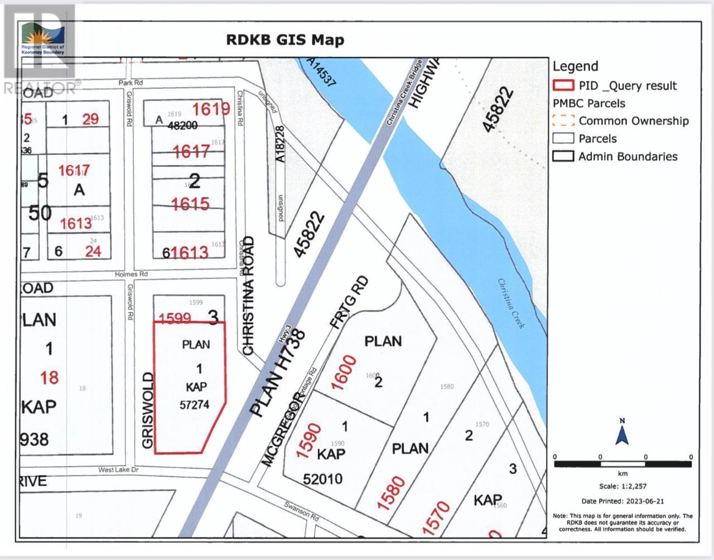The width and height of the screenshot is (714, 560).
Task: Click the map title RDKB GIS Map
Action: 284,40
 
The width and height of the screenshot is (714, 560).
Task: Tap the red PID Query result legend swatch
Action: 563,85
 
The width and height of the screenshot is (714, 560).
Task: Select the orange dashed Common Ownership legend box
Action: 563,121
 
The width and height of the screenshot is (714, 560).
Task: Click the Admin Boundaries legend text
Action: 628,156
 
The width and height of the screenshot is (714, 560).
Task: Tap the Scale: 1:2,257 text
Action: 622,486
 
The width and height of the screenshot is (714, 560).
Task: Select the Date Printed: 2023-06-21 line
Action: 623,501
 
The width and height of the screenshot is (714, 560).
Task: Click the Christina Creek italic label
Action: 512,303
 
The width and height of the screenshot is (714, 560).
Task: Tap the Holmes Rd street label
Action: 132,274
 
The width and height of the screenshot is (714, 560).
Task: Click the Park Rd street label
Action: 131,83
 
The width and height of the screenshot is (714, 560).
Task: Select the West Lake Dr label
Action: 118,470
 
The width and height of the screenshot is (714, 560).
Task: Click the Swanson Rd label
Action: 302,511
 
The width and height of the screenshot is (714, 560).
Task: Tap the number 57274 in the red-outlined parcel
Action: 195,404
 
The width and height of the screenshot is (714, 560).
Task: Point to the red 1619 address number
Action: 211,109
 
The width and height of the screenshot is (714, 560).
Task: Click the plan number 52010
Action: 323,478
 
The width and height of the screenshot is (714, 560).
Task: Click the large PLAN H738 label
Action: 277,374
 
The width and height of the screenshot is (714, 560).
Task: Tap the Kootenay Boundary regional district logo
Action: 42,38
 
